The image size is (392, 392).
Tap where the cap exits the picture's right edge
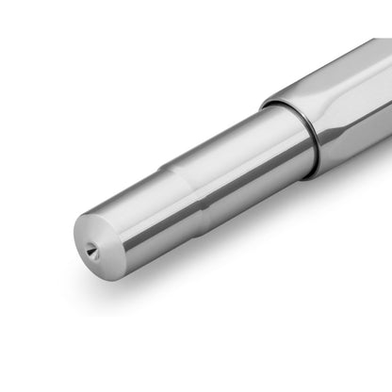tap(387, 94)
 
